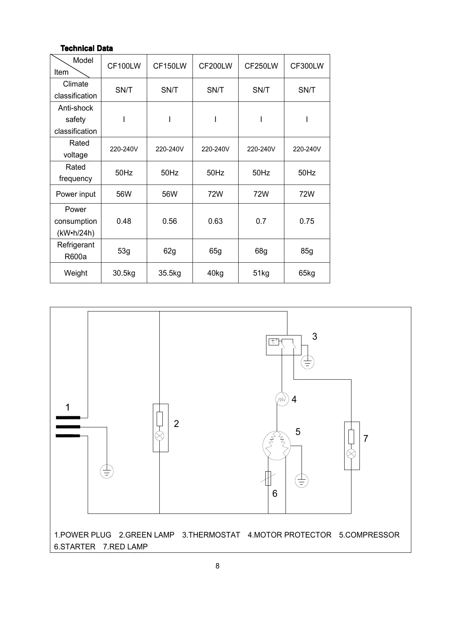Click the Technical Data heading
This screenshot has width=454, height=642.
click(87, 48)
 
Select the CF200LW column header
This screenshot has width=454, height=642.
click(215, 66)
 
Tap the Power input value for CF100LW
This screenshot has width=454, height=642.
click(124, 194)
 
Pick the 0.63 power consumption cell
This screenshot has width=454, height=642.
click(215, 221)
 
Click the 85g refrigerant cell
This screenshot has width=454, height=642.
click(307, 251)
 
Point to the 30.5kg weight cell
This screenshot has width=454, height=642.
click(124, 273)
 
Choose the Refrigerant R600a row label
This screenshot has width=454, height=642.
click(75, 250)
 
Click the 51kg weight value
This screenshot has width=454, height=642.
click(261, 273)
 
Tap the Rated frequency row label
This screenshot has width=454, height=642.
click(75, 173)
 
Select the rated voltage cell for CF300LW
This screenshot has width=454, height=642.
click(307, 149)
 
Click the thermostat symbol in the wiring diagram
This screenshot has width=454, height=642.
click(284, 345)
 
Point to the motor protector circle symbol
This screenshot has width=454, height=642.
click(282, 399)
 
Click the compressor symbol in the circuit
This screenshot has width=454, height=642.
click(277, 446)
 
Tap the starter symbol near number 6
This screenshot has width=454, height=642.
click(268, 478)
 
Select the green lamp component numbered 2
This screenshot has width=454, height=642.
click(160, 428)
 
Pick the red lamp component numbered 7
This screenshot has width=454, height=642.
click(351, 445)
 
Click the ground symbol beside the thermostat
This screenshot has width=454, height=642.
click(307, 362)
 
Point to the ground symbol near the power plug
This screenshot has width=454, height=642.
click(107, 472)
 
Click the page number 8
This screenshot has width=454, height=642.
click(217, 566)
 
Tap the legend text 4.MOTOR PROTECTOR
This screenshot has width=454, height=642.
click(289, 535)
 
